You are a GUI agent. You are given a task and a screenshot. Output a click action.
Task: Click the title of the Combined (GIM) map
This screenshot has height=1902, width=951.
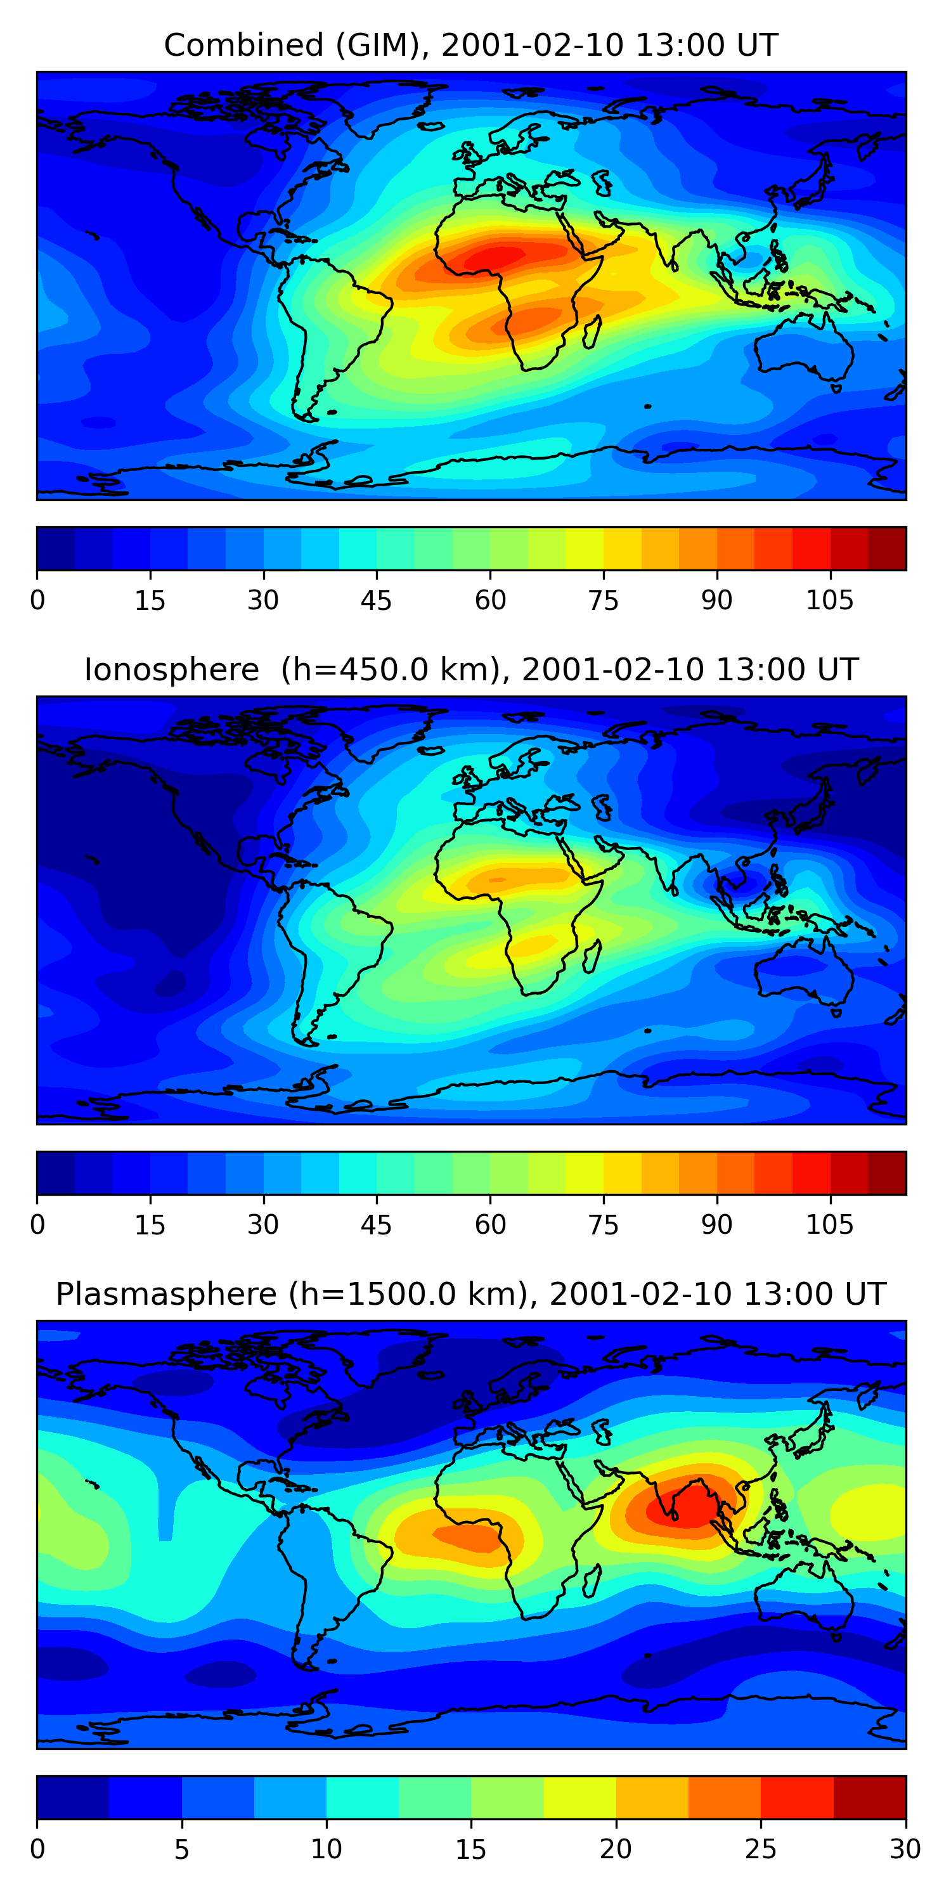tap(470, 45)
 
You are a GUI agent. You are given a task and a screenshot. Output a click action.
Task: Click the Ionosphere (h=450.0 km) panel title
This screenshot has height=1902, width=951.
tap(471, 670)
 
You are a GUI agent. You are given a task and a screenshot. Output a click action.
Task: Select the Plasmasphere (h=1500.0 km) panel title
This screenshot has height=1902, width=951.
tap(470, 1295)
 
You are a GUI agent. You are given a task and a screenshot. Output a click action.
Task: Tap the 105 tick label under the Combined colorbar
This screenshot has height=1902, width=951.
tap(829, 600)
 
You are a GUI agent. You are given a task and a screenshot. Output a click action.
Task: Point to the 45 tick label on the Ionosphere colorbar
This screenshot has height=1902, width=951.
tap(377, 1225)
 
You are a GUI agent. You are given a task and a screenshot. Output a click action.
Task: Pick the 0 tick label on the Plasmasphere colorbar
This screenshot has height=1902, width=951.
tap(37, 1849)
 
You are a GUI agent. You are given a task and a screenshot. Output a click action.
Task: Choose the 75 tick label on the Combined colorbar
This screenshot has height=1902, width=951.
tap(603, 600)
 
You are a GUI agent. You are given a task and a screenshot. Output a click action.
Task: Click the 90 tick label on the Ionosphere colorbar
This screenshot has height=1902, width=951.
tap(716, 1225)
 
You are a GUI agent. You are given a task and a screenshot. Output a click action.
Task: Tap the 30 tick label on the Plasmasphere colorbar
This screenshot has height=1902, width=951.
tap(905, 1849)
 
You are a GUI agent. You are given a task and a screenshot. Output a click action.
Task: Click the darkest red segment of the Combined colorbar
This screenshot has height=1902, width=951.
tap(887, 548)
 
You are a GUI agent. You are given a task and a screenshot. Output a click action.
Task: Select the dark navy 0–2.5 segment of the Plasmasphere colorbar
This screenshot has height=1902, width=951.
tap(73, 1797)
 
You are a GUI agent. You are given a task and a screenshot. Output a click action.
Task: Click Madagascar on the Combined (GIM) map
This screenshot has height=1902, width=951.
tap(592, 332)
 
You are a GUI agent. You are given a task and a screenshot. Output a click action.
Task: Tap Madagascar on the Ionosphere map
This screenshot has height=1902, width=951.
tap(592, 957)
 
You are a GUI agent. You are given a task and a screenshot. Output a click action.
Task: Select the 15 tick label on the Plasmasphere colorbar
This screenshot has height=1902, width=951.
tap(470, 1849)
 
